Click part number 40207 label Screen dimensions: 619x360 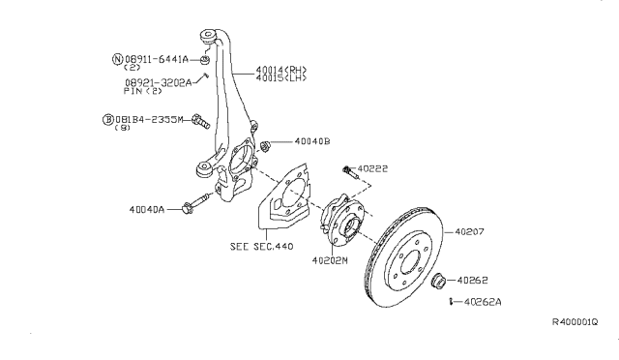(469, 232)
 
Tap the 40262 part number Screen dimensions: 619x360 (473, 281)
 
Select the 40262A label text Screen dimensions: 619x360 (483, 302)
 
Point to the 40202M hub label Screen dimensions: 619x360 (330, 261)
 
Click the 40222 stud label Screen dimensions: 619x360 (372, 168)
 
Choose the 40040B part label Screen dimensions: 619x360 (312, 141)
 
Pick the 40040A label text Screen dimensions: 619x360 (146, 209)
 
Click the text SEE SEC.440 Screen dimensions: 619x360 (262, 247)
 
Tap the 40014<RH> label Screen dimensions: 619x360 (281, 71)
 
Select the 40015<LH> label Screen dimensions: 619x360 (281, 77)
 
